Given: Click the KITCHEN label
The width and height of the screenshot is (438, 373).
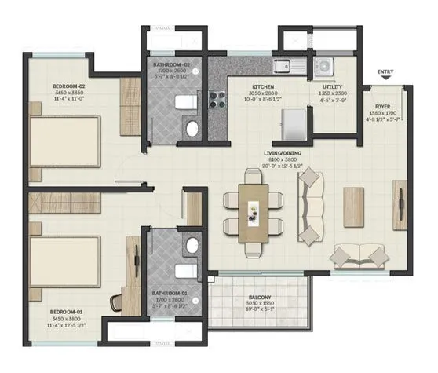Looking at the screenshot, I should (263, 87).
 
